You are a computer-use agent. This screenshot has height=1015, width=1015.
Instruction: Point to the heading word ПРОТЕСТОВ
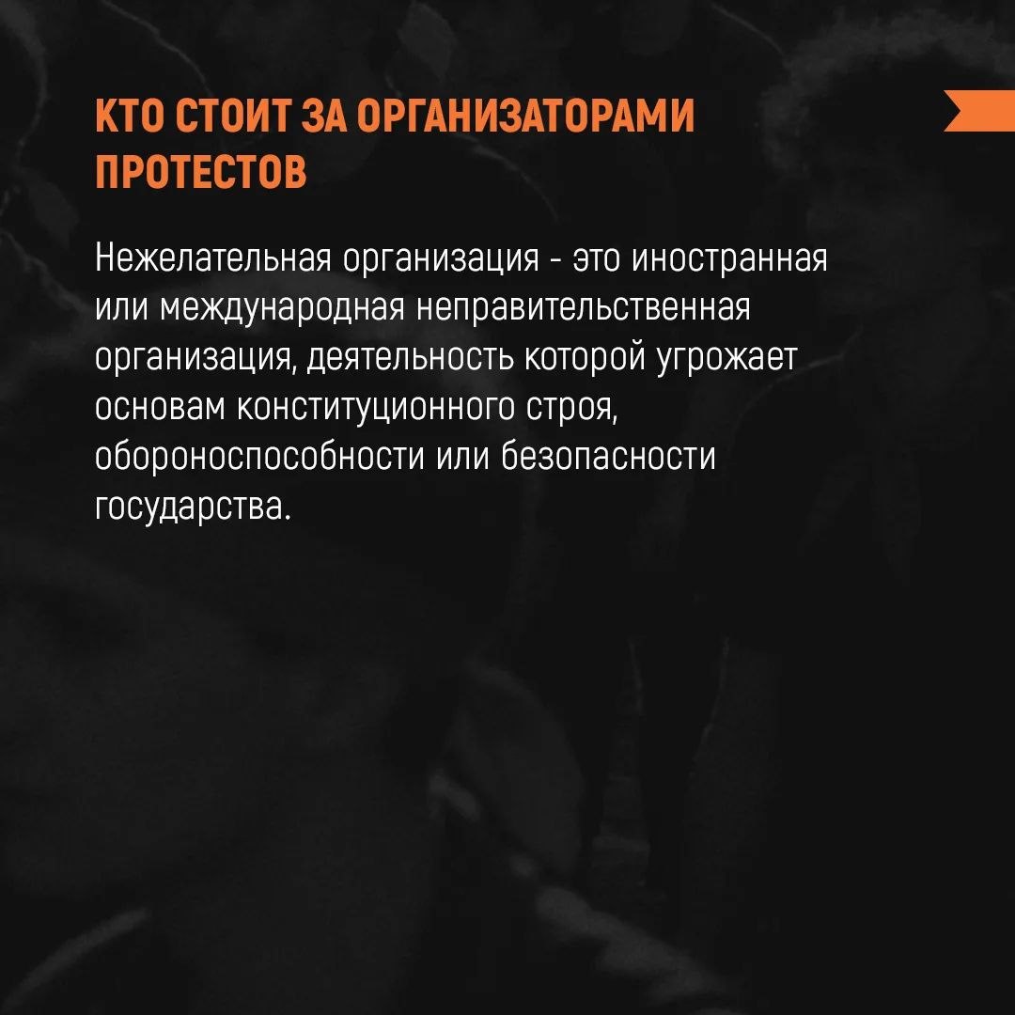(201, 173)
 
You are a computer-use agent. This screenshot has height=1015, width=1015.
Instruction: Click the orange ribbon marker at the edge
(978, 110)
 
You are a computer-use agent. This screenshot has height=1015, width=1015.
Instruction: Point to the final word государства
(189, 507)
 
